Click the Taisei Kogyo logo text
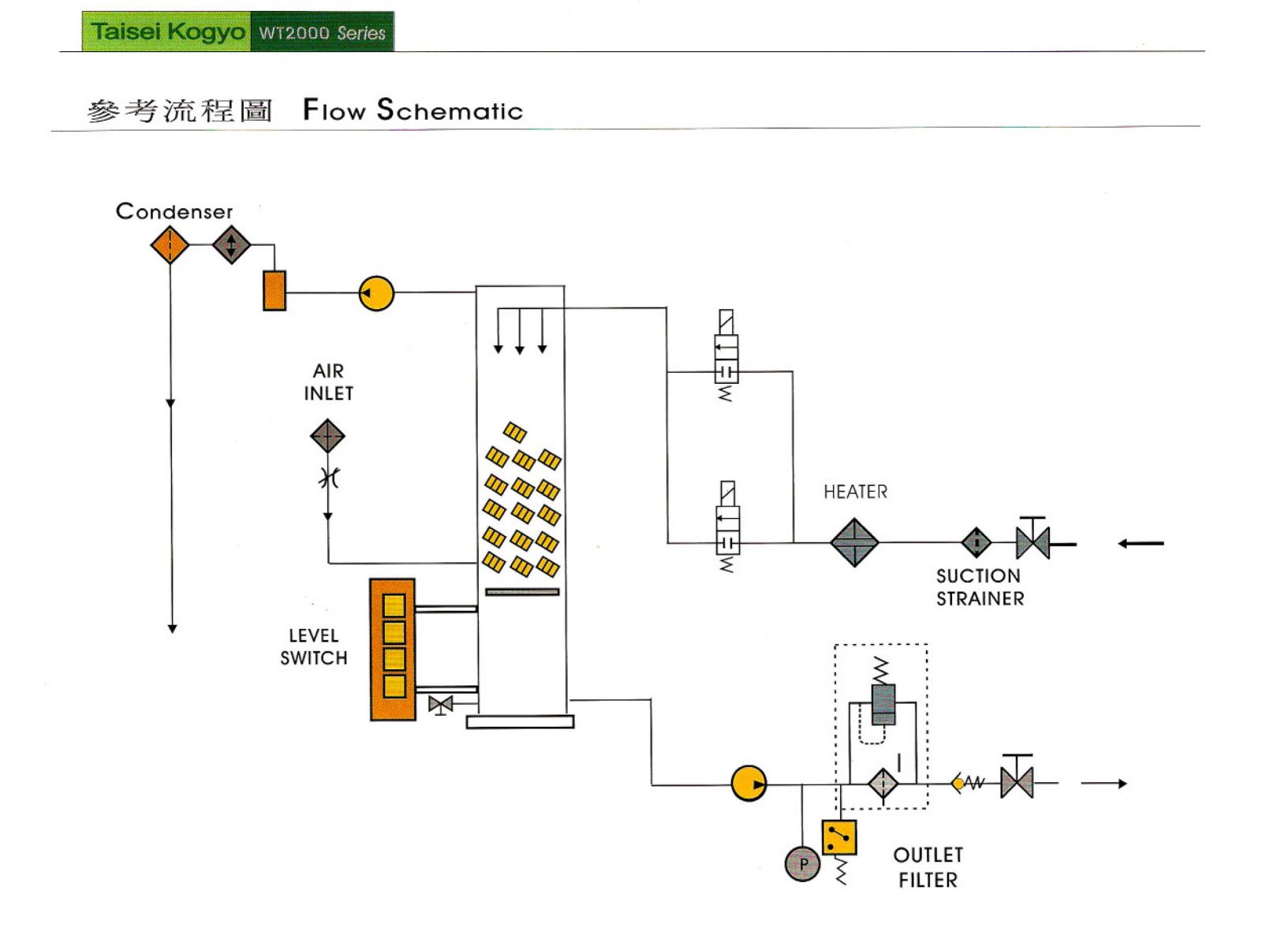(167, 32)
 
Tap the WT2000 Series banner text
(322, 33)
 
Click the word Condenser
(174, 211)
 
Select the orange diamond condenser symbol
(170, 245)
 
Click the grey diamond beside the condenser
(231, 245)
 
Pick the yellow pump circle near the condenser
(376, 293)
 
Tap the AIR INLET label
(328, 382)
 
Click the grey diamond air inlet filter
(327, 435)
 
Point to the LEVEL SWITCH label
(313, 646)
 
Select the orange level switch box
(393, 650)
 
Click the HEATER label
(855, 492)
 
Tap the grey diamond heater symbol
(854, 542)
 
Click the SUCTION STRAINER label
(980, 587)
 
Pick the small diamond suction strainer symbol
(976, 542)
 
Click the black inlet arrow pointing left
(1141, 543)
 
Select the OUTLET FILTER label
(928, 867)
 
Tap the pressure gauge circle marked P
(802, 863)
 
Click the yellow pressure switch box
(839, 837)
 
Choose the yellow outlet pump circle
(749, 784)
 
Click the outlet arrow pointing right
(1104, 784)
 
